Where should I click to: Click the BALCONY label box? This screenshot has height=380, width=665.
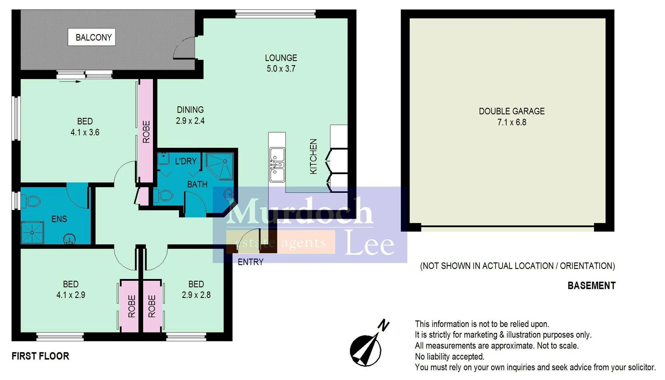point(91,37)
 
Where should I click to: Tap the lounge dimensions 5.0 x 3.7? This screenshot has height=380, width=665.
point(281,69)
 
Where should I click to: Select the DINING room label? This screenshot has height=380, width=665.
point(190,110)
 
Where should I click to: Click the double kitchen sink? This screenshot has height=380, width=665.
point(277,165)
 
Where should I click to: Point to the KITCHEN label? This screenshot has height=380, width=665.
point(313,156)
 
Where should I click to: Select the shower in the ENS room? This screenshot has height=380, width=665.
point(32,233)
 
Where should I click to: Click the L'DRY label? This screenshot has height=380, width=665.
point(186,161)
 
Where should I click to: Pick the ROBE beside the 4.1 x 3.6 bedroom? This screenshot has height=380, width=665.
point(146,132)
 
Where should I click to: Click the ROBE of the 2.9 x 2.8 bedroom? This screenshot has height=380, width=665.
point(152,306)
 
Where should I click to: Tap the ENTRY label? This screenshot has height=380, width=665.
point(250,262)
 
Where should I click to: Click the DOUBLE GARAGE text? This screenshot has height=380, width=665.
point(511,112)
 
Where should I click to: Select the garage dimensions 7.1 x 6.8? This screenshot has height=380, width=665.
point(511,122)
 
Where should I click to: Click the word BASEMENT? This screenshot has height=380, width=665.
point(591,286)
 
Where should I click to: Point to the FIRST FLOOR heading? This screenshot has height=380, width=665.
point(40,356)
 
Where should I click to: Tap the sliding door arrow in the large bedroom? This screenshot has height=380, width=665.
point(70,82)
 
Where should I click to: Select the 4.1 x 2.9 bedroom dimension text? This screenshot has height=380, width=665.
point(71,295)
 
